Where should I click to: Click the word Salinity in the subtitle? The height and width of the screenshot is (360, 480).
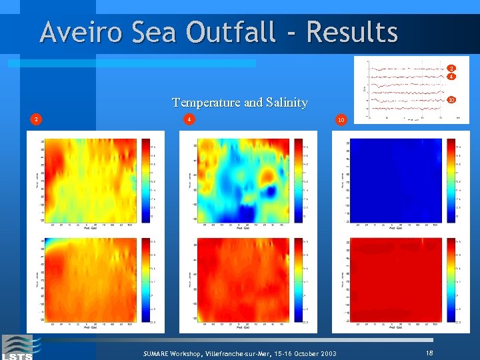tap(285, 103)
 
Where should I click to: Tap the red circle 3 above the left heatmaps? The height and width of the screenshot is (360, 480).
tap(37, 119)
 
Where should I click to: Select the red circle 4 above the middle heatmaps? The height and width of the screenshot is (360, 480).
tap(189, 119)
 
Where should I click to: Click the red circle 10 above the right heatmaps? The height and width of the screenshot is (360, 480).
tap(341, 120)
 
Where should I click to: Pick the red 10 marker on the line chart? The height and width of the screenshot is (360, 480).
tap(451, 100)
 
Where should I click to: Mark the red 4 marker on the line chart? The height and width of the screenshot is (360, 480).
tap(451, 77)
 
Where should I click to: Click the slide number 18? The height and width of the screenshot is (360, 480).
tap(430, 351)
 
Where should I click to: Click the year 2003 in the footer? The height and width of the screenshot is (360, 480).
tap(327, 353)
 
